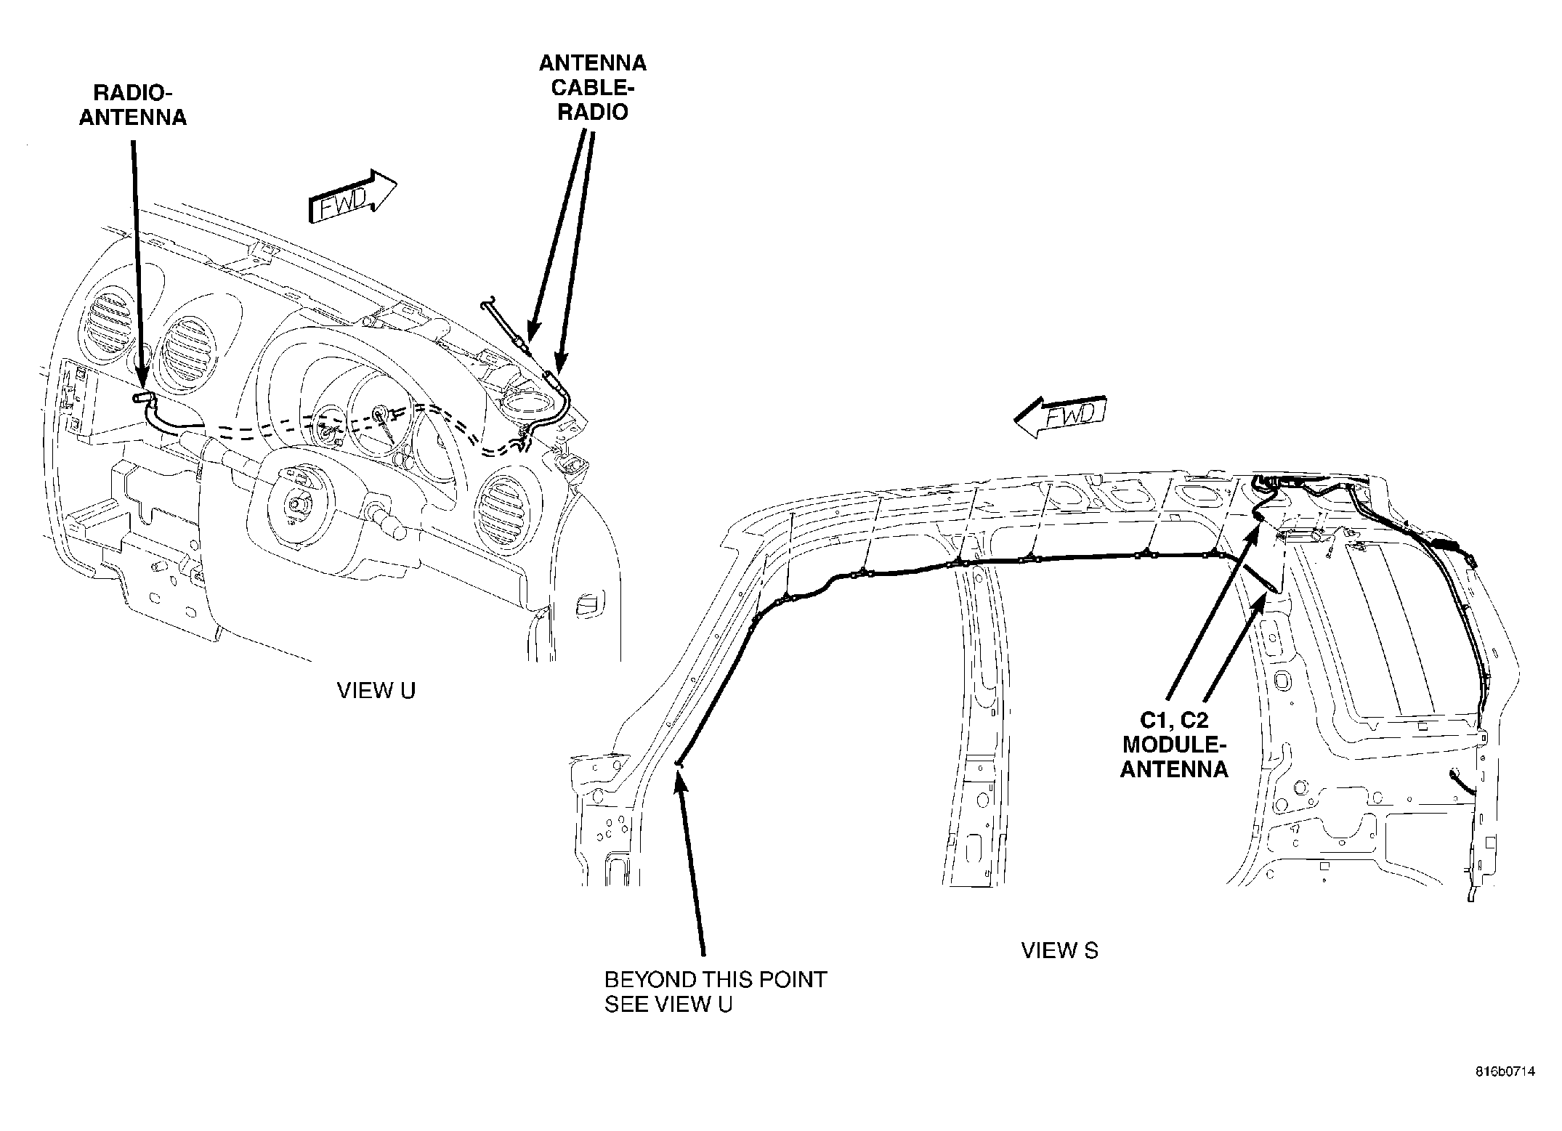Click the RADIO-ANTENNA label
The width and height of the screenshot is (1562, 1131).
pos(132,105)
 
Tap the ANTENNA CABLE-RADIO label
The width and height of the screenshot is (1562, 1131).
pos(592,87)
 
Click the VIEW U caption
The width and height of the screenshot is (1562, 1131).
pos(376,691)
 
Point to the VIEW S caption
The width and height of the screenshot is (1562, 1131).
pos(1060,950)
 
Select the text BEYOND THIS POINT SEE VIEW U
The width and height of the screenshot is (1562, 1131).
pos(716,992)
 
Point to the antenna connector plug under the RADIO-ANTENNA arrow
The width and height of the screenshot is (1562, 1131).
pos(145,397)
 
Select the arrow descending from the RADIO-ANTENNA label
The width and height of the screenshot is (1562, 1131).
pos(137,265)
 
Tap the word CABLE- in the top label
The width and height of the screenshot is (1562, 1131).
pos(593,87)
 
